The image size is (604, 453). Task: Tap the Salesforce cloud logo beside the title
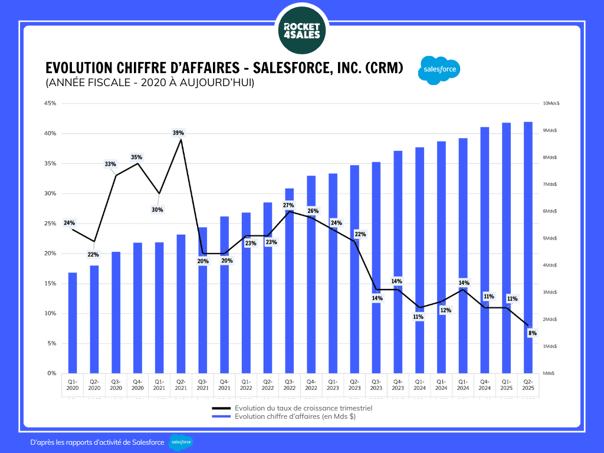(439, 71)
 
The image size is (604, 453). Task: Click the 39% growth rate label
(178, 133)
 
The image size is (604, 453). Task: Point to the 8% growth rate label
(532, 333)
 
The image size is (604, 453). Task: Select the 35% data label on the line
(137, 157)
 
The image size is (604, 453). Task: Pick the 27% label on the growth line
(288, 205)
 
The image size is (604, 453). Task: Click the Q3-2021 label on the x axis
(203, 385)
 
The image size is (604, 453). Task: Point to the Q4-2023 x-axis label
(398, 385)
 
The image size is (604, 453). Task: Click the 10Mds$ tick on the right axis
(551, 103)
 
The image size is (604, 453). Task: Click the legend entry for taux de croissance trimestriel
(303, 408)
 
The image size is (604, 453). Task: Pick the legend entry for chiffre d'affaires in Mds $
(295, 416)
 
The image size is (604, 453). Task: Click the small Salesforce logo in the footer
(180, 442)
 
